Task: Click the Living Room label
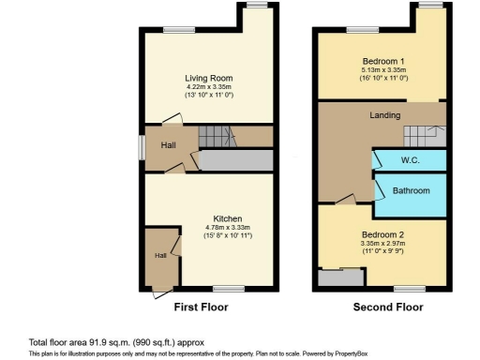tap(208, 78)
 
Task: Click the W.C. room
tap(410, 160)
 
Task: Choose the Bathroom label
tap(411, 191)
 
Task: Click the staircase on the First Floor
tap(215, 138)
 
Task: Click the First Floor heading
tap(201, 307)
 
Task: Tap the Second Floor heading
tap(387, 307)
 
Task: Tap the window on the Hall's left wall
tap(142, 147)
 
